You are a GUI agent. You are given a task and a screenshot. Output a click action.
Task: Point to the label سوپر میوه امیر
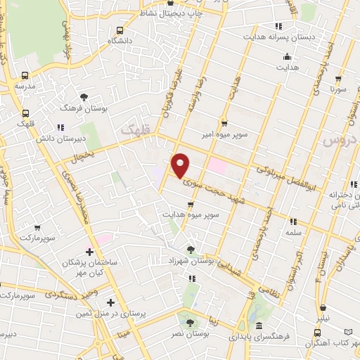224,134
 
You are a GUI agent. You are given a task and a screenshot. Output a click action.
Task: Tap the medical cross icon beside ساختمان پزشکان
89,252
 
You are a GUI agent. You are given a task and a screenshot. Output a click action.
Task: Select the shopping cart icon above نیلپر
323,308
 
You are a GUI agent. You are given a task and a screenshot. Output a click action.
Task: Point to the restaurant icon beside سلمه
292,221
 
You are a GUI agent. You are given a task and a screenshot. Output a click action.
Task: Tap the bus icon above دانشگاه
120,30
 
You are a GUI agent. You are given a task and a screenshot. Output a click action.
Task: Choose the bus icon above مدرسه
25,75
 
